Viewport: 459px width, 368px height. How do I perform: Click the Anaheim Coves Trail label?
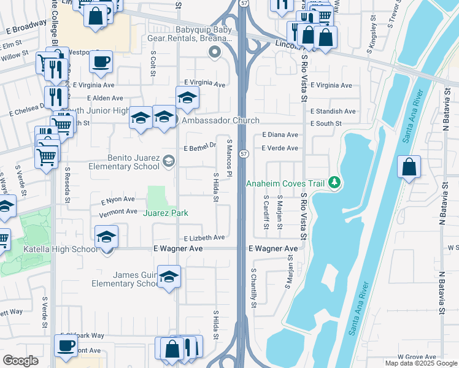(285, 183)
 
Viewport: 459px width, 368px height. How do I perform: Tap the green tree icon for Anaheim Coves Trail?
(334, 182)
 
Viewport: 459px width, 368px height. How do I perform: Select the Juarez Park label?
(166, 213)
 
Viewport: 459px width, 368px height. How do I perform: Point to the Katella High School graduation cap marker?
(106, 238)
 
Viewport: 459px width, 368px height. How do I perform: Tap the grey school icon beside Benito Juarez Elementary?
(168, 161)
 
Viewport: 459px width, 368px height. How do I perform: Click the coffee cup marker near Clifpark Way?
(65, 345)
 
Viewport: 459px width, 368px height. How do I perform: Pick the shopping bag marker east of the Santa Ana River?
(409, 167)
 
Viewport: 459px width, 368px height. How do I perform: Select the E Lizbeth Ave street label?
(204, 237)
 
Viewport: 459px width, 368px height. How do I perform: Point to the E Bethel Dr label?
(201, 148)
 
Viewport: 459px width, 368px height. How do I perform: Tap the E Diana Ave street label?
(280, 134)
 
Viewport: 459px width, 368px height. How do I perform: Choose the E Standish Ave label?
(333, 111)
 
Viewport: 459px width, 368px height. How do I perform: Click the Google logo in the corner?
(20, 361)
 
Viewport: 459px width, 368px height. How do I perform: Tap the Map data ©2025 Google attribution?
(421, 364)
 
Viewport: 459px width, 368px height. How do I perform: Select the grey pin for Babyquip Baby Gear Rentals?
(215, 53)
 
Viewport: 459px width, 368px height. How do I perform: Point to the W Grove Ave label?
(417, 356)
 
